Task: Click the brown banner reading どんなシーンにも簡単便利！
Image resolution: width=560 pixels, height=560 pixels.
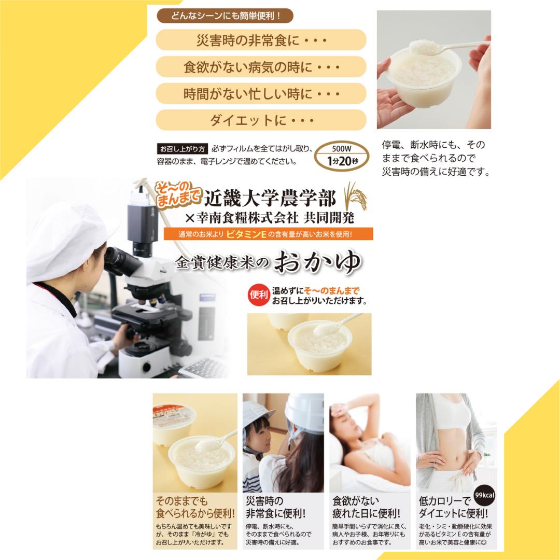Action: click(x=225, y=16)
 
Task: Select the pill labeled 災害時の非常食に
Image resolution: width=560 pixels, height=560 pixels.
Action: click(x=261, y=39)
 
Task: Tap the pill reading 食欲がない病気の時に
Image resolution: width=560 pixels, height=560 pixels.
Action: click(x=261, y=67)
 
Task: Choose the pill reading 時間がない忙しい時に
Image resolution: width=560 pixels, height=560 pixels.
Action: click(x=261, y=93)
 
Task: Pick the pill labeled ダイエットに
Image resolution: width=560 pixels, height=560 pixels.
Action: click(x=261, y=120)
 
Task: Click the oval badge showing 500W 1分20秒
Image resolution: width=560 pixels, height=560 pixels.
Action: click(x=342, y=156)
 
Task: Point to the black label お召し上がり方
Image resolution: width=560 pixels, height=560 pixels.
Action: click(x=182, y=149)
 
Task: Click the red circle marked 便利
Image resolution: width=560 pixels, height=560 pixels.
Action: click(x=259, y=295)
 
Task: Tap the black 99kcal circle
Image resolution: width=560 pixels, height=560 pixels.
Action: click(x=484, y=495)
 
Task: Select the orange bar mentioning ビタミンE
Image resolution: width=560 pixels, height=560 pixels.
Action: click(x=268, y=234)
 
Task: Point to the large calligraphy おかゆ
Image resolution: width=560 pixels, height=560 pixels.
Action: click(x=317, y=262)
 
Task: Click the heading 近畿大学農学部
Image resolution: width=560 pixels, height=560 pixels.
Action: click(x=270, y=199)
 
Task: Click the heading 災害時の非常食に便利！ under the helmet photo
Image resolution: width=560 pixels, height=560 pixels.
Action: click(x=275, y=507)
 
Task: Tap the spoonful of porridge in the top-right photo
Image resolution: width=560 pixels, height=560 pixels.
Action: click(x=424, y=47)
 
